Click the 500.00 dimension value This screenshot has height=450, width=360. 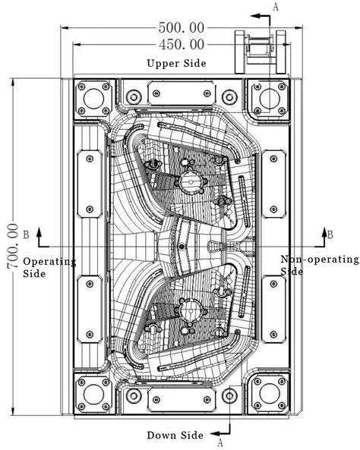tap(182, 28)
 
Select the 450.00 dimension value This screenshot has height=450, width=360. tap(182, 45)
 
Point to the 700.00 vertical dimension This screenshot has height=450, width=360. tap(12, 247)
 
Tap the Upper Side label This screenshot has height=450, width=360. tap(176, 63)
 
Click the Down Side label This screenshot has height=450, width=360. tap(175, 435)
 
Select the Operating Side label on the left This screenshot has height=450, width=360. tap(49, 267)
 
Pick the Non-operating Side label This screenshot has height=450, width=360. tap(320, 265)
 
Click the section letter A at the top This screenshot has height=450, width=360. tap(275, 7)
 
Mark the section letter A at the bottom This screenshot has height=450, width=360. tap(220, 442)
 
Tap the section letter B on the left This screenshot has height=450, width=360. tap(26, 234)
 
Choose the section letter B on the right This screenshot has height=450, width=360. tap(330, 234)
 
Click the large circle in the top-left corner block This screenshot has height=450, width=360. tap(93, 99)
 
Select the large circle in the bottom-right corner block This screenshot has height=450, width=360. tap(270, 393)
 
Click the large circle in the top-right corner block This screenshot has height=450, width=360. tap(270, 99)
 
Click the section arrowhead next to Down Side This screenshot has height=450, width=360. tap(215, 433)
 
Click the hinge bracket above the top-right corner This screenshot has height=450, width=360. tap(260, 52)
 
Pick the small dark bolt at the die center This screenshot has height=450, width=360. tap(181, 247)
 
